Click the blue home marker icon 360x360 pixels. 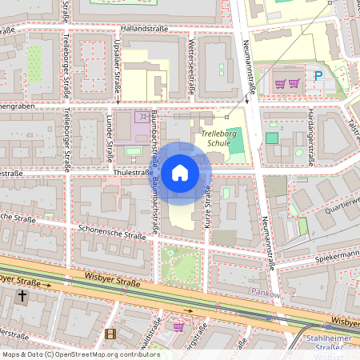click(180, 172)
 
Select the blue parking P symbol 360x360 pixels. click(319, 77)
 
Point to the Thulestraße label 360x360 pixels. click(133, 172)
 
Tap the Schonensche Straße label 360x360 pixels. click(112, 232)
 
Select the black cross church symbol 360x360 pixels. click(23, 297)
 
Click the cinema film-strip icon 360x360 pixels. click(110, 334)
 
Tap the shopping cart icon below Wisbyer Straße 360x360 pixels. click(178, 326)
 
